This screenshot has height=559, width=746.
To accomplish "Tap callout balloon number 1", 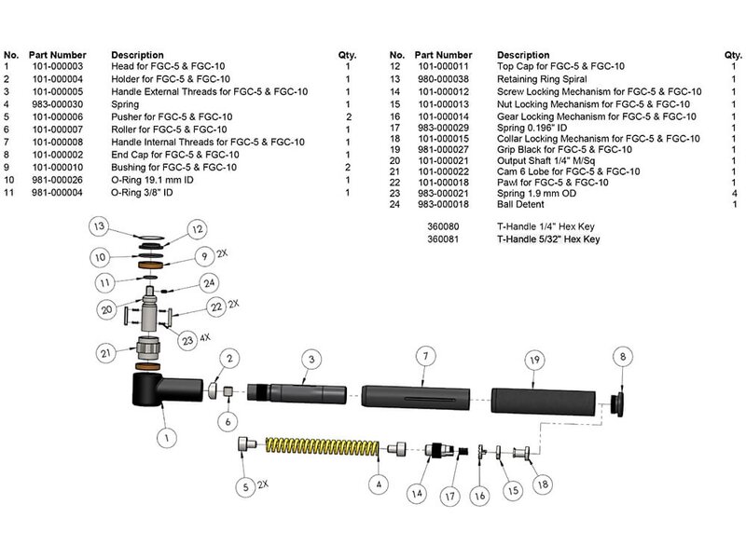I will coord(168,434).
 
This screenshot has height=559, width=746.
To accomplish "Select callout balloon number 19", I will coord(532,358).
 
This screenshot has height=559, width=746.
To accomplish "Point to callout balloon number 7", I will coord(424,358).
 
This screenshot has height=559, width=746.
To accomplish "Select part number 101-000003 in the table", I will coord(58,67).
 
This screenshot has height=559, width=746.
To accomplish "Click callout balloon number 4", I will coord(378,484).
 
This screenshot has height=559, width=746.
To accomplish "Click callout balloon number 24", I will coord(211,282).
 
